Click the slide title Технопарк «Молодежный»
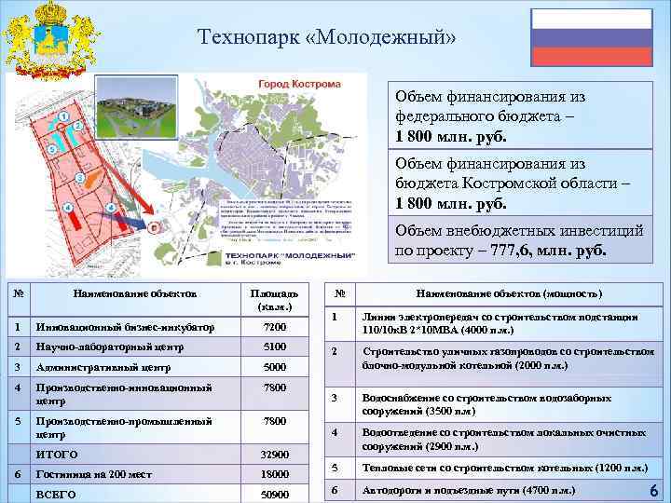coord(327,37)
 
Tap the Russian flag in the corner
coord(591,36)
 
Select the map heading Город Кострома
coord(289,84)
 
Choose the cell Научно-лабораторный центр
coord(97,347)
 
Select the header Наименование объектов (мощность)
coord(508,293)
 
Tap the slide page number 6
coord(653,490)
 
